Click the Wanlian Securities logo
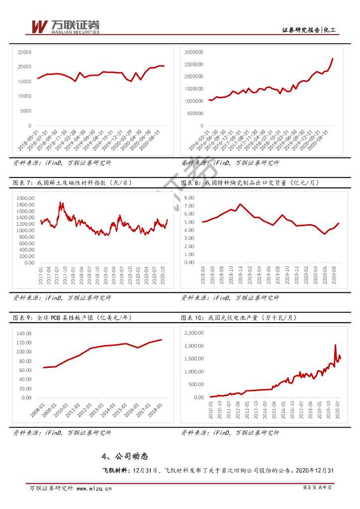[x=65, y=26]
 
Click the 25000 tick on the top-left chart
[x=24, y=52]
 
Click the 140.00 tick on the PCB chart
[x=23, y=333]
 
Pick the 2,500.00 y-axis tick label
[x=193, y=333]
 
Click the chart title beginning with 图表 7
[x=73, y=183]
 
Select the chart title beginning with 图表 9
[x=73, y=317]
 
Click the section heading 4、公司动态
[x=124, y=456]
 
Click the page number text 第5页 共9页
[x=317, y=489]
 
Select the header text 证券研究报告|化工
[x=309, y=30]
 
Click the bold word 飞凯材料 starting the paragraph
[x=115, y=470]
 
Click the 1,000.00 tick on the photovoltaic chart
[x=193, y=372]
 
